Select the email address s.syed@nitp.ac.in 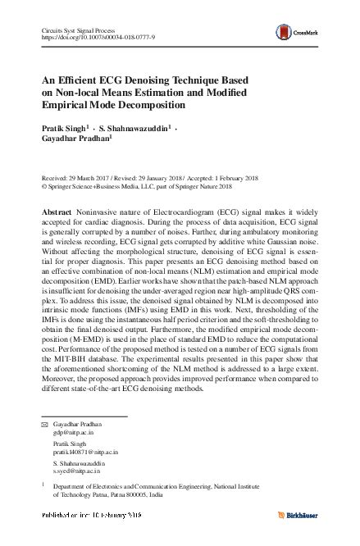[77, 471]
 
